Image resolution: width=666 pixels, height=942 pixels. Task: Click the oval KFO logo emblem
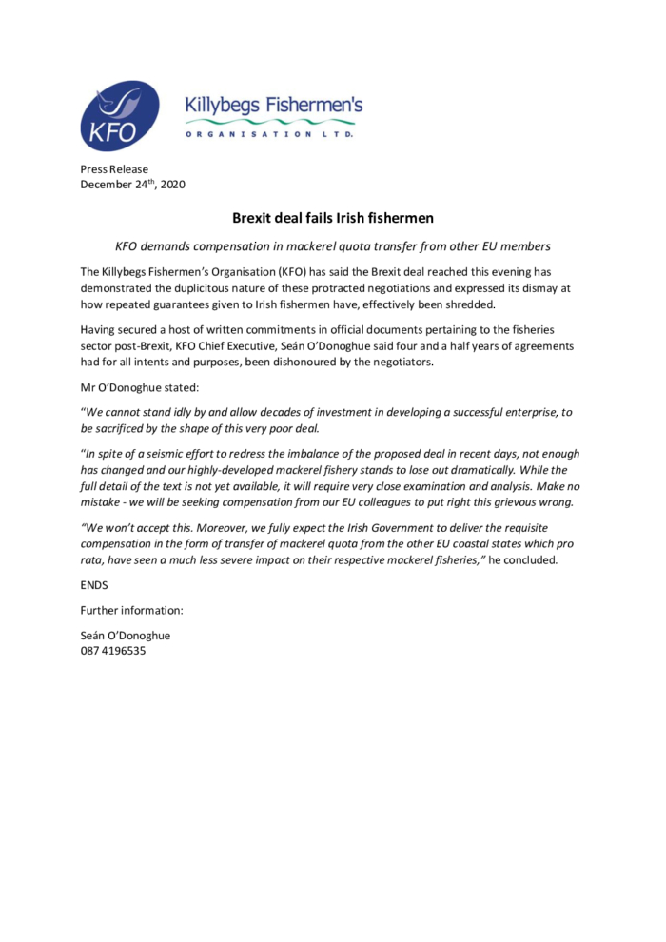pyautogui.click(x=120, y=116)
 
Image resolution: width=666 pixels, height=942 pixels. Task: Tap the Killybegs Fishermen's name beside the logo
pyautogui.click(x=273, y=107)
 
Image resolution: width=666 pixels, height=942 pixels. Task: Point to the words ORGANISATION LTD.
pyautogui.click(x=269, y=135)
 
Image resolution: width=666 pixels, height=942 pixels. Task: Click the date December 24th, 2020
pyautogui.click(x=132, y=185)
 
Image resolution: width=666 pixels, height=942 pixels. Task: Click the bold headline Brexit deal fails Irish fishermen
pyautogui.click(x=333, y=218)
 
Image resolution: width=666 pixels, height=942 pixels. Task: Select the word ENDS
pyautogui.click(x=94, y=585)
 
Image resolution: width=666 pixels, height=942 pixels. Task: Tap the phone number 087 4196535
pyautogui.click(x=113, y=652)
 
